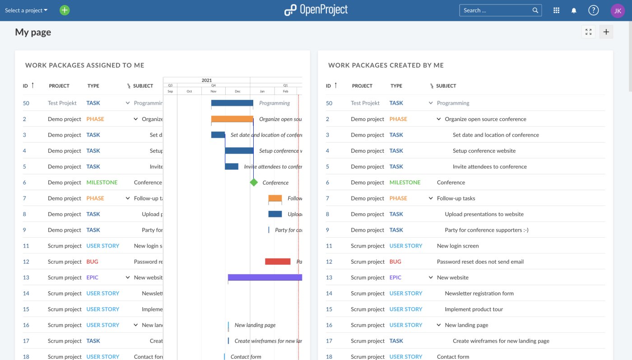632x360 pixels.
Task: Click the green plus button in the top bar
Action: click(65, 10)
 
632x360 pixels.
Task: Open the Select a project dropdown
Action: click(26, 10)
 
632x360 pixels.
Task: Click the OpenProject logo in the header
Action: click(316, 10)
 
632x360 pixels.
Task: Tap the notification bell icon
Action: click(574, 10)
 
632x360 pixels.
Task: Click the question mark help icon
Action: click(593, 10)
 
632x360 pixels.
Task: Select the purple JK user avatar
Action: click(618, 10)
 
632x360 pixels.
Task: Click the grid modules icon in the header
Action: click(556, 10)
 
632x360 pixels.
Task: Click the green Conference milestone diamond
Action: click(254, 182)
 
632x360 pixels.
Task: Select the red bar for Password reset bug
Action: click(278, 262)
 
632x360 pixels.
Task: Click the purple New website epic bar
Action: click(265, 277)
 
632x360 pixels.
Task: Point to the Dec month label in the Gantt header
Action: click(237, 91)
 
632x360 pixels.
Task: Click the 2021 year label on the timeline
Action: click(207, 80)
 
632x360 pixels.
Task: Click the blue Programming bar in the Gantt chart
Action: click(232, 103)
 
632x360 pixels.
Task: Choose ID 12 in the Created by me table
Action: click(329, 262)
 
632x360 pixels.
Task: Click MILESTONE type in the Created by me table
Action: click(404, 182)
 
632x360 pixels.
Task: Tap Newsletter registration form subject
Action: click(479, 293)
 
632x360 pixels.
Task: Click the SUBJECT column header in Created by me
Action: click(446, 86)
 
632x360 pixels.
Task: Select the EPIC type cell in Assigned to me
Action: click(92, 277)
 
